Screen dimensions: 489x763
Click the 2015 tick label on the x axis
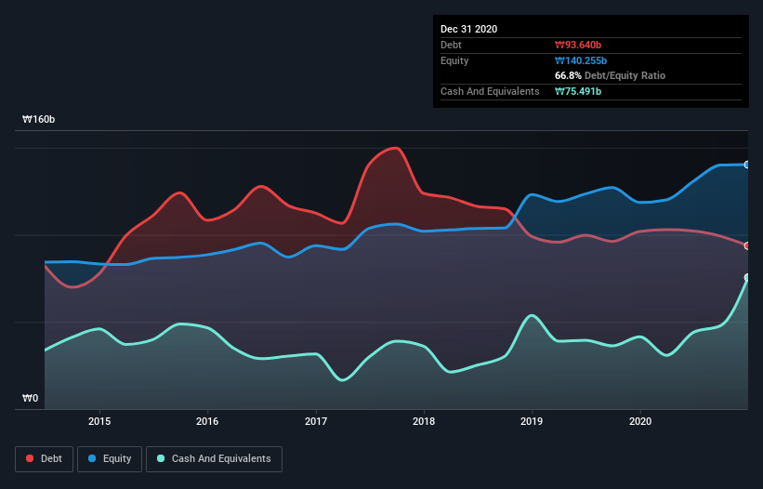point(99,420)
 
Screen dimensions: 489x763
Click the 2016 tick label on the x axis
point(207,420)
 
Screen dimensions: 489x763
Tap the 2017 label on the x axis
point(316,420)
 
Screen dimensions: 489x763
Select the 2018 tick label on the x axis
point(424,420)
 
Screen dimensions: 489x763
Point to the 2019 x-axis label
point(533,420)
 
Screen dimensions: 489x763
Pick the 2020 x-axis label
point(640,420)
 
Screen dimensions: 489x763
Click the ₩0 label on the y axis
point(31,399)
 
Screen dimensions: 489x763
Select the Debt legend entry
point(43,458)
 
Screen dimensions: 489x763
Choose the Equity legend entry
point(110,458)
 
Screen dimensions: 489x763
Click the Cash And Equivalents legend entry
point(214,458)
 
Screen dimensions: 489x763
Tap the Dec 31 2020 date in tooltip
point(468,29)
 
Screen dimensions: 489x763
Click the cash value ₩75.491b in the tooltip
point(581,91)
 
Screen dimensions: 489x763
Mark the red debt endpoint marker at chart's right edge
point(747,245)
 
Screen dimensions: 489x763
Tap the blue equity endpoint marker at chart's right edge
point(747,165)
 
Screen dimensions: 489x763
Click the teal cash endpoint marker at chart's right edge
point(747,278)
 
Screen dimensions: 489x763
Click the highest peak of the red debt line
point(396,148)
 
